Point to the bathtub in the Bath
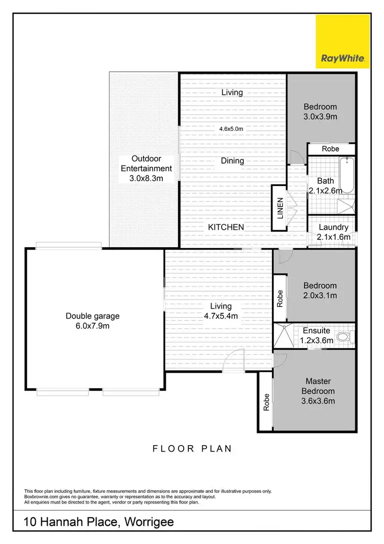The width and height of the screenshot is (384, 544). tap(347, 175)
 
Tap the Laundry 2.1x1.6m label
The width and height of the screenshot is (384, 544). tap(333, 232)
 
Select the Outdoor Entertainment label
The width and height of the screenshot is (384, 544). tap(146, 168)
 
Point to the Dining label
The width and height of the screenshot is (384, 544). tap(232, 160)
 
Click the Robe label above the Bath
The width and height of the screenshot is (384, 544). tap(331, 149)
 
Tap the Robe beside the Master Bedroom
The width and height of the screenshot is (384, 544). tap(265, 401)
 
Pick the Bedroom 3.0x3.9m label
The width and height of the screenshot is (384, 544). tap(321, 111)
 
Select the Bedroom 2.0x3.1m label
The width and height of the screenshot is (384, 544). tap(320, 290)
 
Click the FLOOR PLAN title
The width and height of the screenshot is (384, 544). tap(192, 449)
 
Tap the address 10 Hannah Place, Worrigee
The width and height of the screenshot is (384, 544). tap(99, 522)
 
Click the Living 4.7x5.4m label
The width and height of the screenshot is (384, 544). tap(221, 311)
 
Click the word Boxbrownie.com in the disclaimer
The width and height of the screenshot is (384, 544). tap(41, 496)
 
